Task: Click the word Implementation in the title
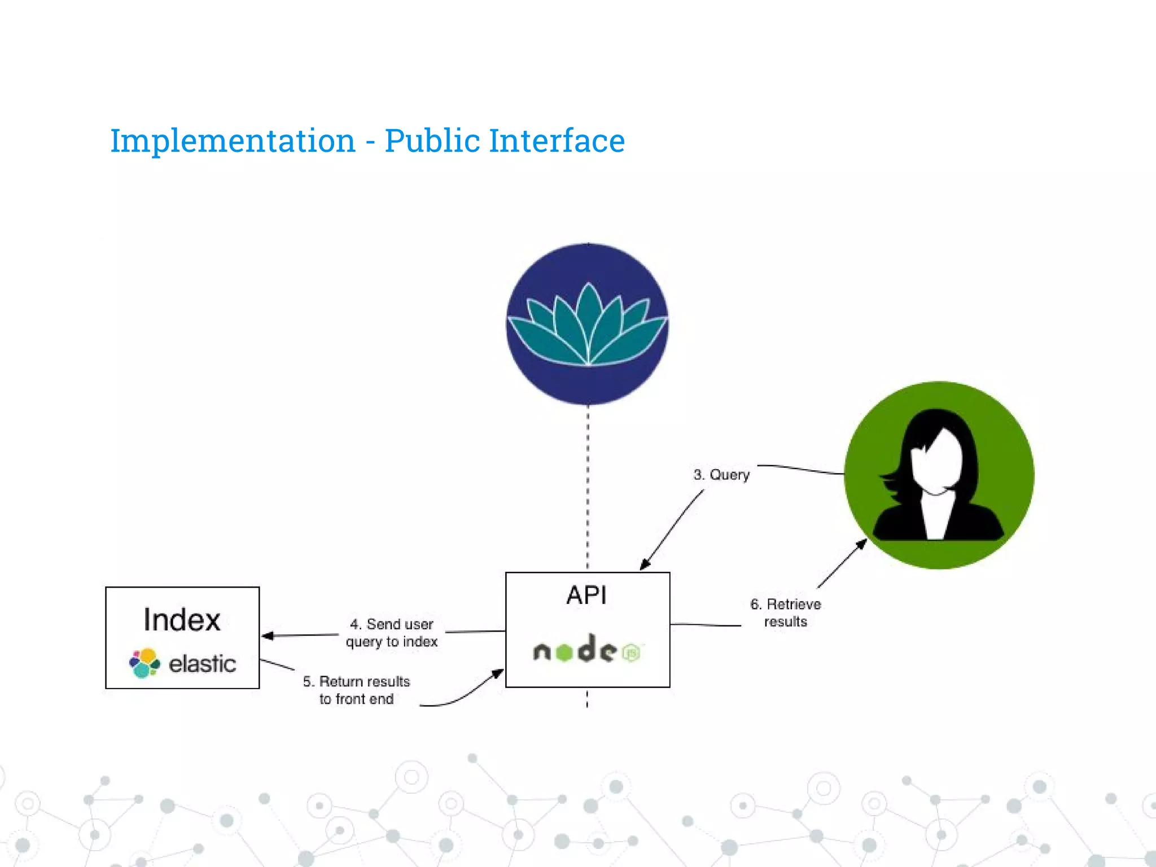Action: pyautogui.click(x=233, y=141)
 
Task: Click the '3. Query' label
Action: pyautogui.click(x=721, y=475)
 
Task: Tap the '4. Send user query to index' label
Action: pyautogui.click(x=392, y=633)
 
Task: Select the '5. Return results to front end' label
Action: pyautogui.click(x=356, y=690)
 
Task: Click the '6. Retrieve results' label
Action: pyautogui.click(x=785, y=613)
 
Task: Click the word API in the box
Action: pyautogui.click(x=587, y=595)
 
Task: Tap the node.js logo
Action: pyautogui.click(x=587, y=650)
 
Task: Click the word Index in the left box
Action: pyautogui.click(x=182, y=620)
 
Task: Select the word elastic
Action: pyautogui.click(x=202, y=664)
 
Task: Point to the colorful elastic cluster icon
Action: pyautogui.click(x=144, y=663)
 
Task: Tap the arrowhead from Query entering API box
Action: pyautogui.click(x=645, y=565)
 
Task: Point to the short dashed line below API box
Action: pyautogui.click(x=587, y=698)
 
